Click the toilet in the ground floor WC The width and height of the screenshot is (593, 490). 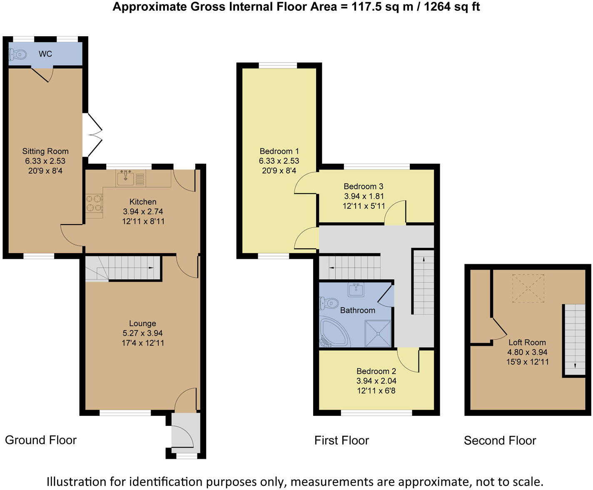coord(17,54)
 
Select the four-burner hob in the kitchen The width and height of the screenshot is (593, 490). coord(94,203)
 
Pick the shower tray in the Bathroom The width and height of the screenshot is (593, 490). coord(378,333)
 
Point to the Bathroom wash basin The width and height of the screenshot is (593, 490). coord(356,290)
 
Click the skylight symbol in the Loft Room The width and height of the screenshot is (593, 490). coord(528,288)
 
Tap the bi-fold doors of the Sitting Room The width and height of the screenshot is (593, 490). coord(92,135)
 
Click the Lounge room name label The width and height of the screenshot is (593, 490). coord(142,323)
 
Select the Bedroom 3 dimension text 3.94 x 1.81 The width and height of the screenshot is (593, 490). coord(364,196)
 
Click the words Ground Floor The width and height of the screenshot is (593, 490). coord(41,440)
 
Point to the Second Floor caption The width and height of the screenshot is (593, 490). coord(500,440)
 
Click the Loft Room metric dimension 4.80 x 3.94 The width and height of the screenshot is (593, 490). coord(527,352)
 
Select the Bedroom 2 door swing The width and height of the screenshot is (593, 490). coord(408,360)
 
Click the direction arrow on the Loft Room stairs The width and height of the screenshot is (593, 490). coord(575,366)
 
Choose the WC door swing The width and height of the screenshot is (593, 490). coord(42,75)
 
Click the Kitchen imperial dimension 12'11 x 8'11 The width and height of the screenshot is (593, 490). coord(143,221)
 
